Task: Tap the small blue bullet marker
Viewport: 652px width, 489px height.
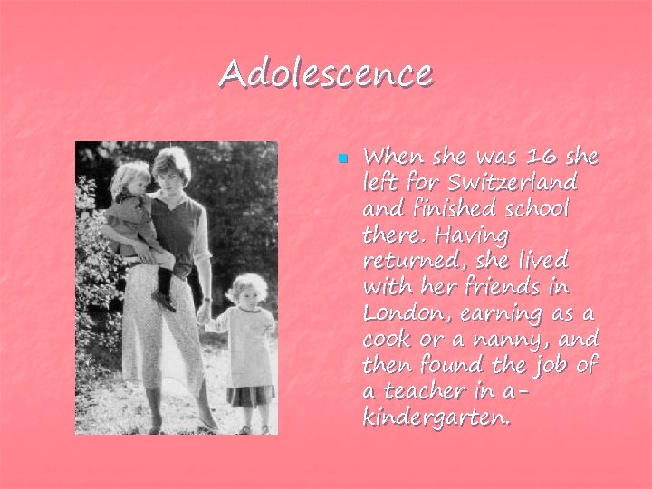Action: pyautogui.click(x=342, y=158)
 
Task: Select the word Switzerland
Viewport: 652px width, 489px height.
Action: pyautogui.click(x=518, y=183)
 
